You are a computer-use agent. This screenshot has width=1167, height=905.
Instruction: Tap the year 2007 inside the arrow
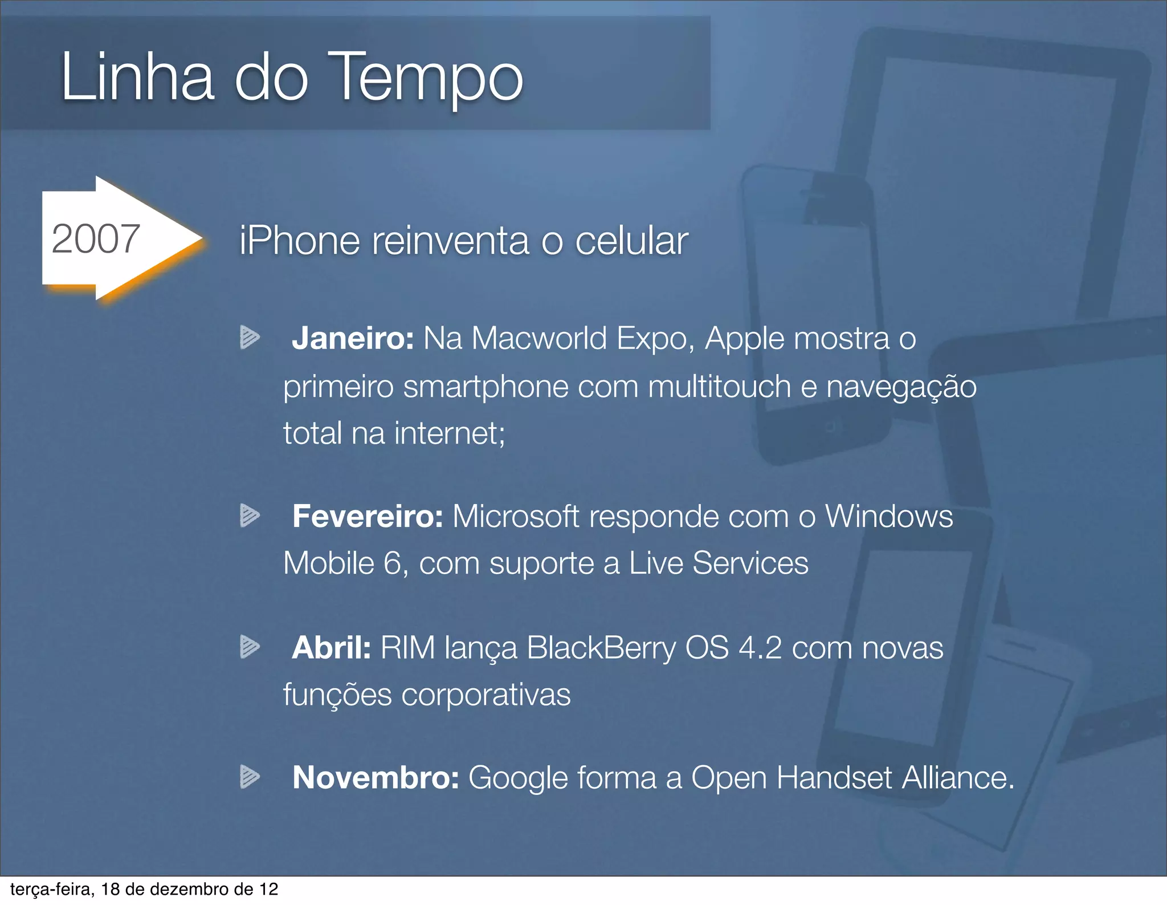click(96, 239)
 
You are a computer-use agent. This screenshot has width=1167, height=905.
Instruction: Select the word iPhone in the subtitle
click(300, 241)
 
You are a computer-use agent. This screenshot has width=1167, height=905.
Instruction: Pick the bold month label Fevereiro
click(368, 517)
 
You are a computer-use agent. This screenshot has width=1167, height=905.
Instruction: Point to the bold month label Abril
click(331, 648)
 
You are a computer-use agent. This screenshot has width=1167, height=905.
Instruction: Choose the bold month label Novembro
click(376, 777)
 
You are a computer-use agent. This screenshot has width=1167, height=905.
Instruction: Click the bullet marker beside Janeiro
click(250, 337)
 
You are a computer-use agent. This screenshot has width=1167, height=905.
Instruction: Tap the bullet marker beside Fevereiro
click(250, 516)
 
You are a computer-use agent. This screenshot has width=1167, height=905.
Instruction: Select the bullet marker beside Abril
click(250, 647)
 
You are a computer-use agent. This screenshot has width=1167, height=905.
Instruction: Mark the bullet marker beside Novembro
click(250, 777)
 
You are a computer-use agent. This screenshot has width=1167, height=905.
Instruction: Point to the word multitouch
click(719, 387)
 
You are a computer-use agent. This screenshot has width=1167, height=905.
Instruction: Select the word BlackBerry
click(601, 648)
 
